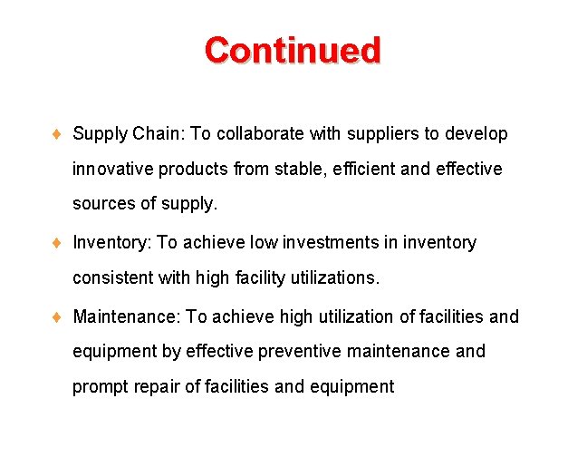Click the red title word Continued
(x=293, y=50)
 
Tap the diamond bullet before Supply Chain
(x=56, y=134)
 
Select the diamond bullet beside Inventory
(x=56, y=243)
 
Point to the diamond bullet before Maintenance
(x=56, y=317)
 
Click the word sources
(x=104, y=204)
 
